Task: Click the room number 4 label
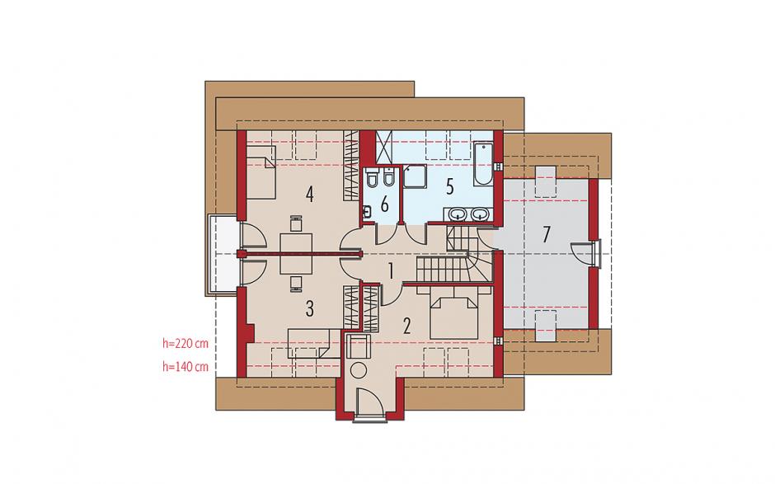click(309, 195)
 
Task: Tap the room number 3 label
click(309, 308)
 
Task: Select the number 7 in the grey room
click(546, 234)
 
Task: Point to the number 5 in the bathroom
click(449, 187)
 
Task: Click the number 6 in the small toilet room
click(384, 204)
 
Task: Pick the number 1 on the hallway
click(391, 271)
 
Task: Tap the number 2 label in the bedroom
click(406, 327)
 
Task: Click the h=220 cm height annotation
click(186, 343)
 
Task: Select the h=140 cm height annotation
click(186, 367)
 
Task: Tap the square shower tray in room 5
click(414, 176)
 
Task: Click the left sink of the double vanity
click(458, 214)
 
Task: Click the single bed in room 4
click(261, 171)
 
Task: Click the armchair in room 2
click(358, 345)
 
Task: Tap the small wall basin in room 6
click(367, 213)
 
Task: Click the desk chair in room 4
click(295, 223)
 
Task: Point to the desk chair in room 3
click(295, 282)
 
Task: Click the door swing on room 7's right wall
click(580, 254)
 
